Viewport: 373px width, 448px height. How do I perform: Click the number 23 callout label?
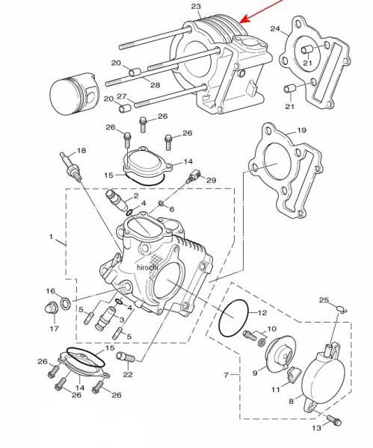tap(196, 6)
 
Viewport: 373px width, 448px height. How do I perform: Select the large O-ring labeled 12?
tap(234, 318)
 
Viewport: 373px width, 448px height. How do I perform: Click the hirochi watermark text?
tap(147, 267)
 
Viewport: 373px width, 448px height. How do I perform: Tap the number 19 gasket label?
tap(302, 130)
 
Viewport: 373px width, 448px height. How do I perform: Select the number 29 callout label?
tap(211, 180)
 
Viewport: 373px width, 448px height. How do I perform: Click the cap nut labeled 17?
tap(52, 308)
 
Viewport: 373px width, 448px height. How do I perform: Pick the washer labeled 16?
tap(66, 303)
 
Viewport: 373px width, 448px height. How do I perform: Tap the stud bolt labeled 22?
tap(125, 357)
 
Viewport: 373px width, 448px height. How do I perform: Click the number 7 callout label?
tap(226, 375)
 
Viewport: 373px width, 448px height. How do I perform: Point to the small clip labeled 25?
tap(342, 308)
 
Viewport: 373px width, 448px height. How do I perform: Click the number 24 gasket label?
tap(275, 29)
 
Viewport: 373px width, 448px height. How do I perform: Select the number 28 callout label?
tap(155, 85)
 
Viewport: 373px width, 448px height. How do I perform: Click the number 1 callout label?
tap(51, 237)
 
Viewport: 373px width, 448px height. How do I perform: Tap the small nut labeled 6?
tap(161, 203)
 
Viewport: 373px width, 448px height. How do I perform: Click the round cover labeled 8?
tap(324, 379)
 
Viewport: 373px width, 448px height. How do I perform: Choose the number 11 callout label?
tap(276, 390)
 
